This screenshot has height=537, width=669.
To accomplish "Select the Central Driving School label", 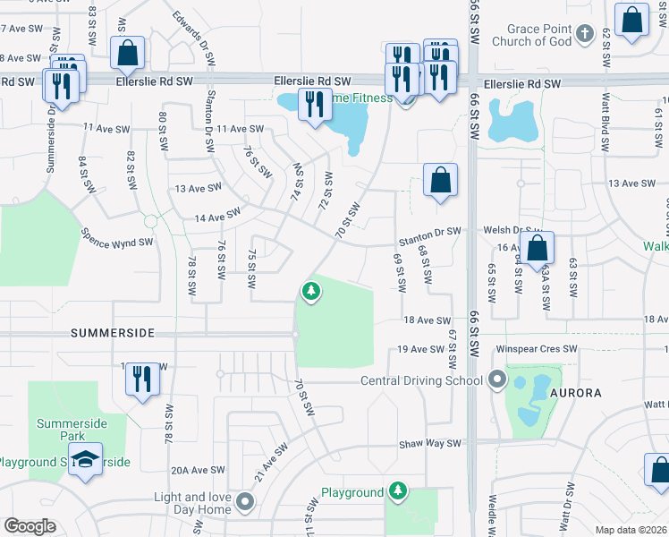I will click(x=421, y=381).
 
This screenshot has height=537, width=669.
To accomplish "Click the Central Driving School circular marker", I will click(x=496, y=381).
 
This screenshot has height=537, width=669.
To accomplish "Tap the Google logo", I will click(x=30, y=526).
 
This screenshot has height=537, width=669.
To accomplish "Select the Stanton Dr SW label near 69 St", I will click(x=429, y=232).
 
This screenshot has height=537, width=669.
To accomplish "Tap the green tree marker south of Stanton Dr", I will click(x=310, y=291).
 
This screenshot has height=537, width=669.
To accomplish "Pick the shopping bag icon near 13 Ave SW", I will click(x=440, y=180).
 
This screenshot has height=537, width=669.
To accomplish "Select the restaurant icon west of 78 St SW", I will click(x=141, y=379).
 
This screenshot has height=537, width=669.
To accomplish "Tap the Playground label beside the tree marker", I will click(x=351, y=493).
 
